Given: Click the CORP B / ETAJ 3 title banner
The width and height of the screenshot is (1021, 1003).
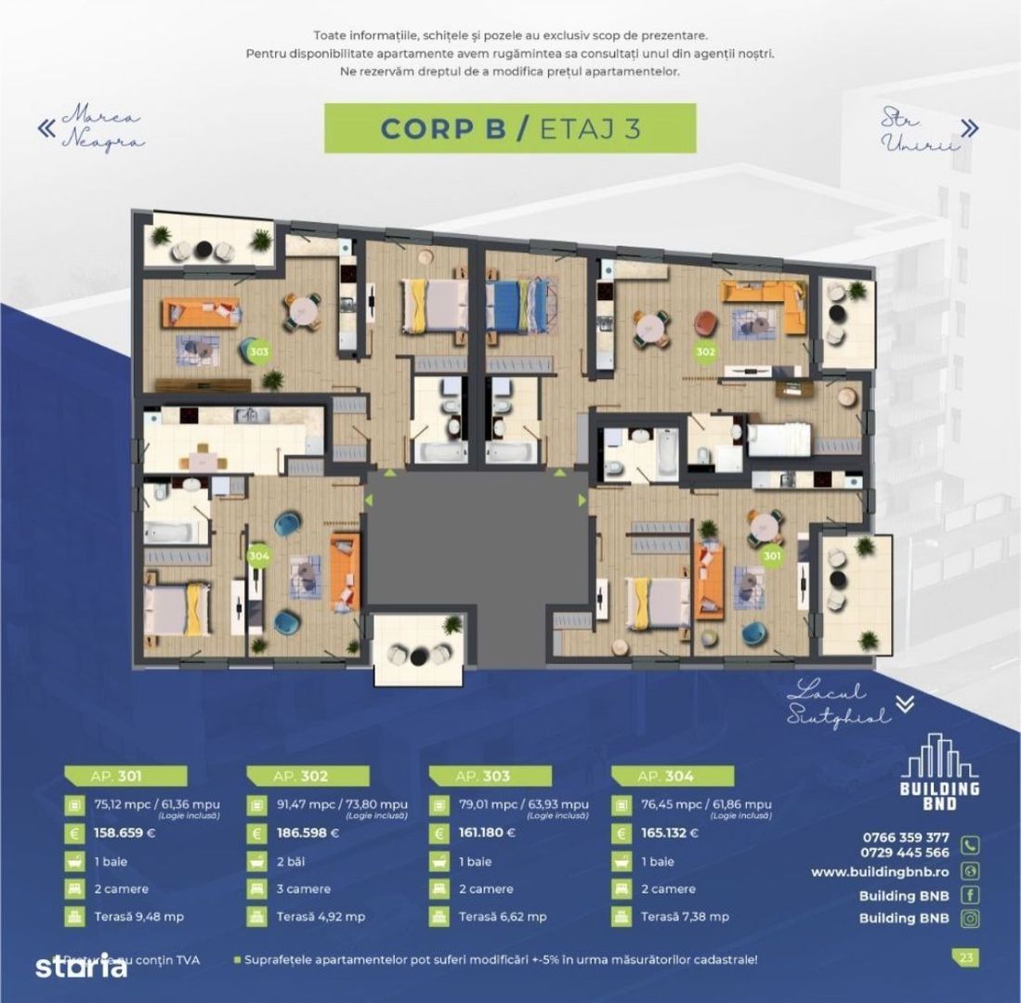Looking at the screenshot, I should [x=509, y=128].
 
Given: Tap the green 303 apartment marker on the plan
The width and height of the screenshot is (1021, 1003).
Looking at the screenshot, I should [x=260, y=352].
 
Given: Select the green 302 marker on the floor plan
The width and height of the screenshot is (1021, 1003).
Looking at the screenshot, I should [x=705, y=352].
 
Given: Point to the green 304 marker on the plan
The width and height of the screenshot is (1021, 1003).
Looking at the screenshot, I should [x=259, y=554].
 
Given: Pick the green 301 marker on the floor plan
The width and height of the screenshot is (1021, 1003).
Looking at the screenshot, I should [x=771, y=555].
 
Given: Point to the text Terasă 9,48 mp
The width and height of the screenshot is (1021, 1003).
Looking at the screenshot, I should [x=139, y=917].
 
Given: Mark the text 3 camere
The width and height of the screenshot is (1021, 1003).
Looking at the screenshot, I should [x=304, y=889].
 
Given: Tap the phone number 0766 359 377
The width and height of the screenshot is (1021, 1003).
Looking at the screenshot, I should [x=906, y=837].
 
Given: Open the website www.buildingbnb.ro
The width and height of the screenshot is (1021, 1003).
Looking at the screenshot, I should [x=879, y=872].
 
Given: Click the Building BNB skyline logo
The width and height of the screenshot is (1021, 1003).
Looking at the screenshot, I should [x=940, y=774].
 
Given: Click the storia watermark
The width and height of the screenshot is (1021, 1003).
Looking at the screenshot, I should [x=81, y=967].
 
